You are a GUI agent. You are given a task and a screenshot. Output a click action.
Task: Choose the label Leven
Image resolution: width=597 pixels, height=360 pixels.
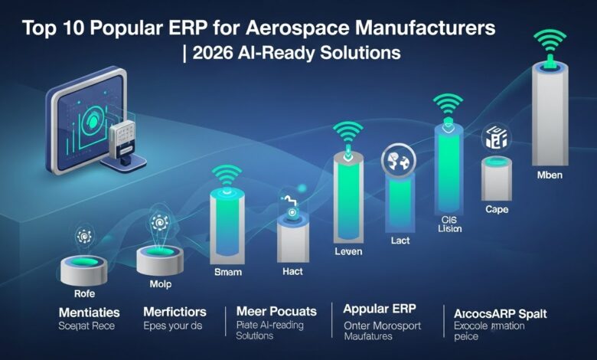coord(350,250)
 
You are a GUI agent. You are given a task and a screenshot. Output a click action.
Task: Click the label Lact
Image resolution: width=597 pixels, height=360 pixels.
coord(400,241)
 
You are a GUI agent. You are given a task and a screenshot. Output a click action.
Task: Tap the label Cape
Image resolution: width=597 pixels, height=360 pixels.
coord(497,208)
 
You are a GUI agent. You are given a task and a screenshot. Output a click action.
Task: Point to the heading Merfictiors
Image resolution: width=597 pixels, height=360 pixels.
coord(176,312)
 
